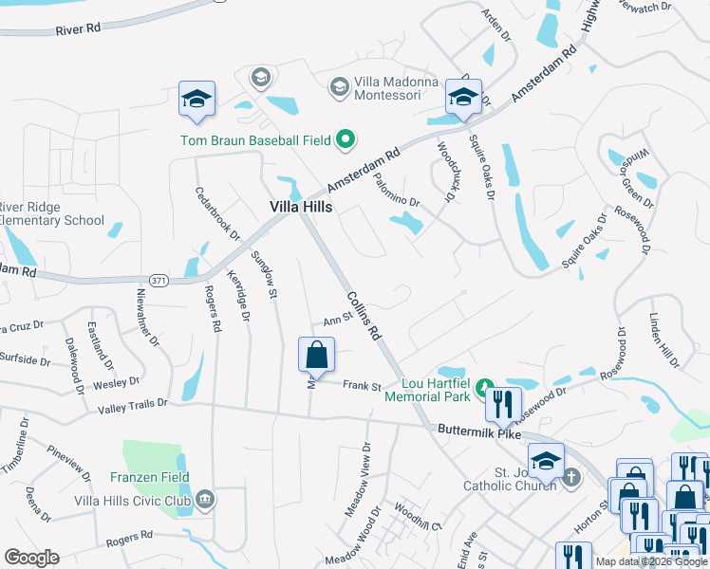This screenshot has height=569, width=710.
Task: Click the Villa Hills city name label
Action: (300, 207)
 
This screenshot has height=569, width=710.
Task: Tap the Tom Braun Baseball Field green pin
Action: (346, 140)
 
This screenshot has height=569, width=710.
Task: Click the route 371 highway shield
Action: (159, 280)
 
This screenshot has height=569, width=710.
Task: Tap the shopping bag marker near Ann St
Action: (317, 356)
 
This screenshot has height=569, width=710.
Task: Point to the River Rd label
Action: (78, 29)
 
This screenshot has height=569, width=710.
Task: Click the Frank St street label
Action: (362, 386)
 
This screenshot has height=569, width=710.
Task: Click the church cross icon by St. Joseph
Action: (571, 477)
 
